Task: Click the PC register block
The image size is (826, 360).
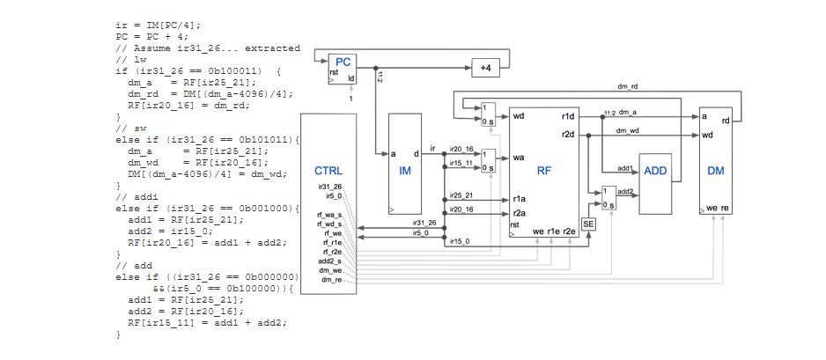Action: tap(343, 68)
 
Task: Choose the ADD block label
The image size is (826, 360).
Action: tap(654, 170)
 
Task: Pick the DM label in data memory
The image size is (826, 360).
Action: tap(715, 170)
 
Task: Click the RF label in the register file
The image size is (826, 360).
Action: tap(543, 170)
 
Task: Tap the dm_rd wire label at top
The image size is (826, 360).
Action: tap(628, 87)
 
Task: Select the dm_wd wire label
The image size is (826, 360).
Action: tap(627, 129)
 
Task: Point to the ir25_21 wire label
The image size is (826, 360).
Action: tap(461, 195)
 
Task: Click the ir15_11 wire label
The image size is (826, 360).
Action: tap(461, 163)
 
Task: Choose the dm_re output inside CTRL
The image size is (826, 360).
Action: tap(330, 279)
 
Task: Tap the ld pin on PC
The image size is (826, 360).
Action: tap(351, 78)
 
